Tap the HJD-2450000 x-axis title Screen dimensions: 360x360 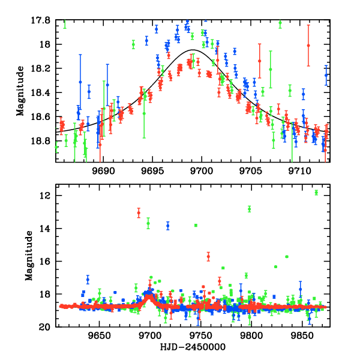click(192, 347)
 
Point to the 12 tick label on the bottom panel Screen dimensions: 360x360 click(46, 196)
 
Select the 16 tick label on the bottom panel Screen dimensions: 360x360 click(46, 262)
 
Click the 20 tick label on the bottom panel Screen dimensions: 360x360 click(46, 327)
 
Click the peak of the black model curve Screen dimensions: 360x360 click(193, 50)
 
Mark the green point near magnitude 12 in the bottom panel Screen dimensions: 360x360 click(316, 192)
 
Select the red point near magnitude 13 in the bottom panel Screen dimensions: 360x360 click(139, 213)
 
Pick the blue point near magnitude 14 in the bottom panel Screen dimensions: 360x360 click(168, 226)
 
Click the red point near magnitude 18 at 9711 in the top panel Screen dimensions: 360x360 click(308, 46)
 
